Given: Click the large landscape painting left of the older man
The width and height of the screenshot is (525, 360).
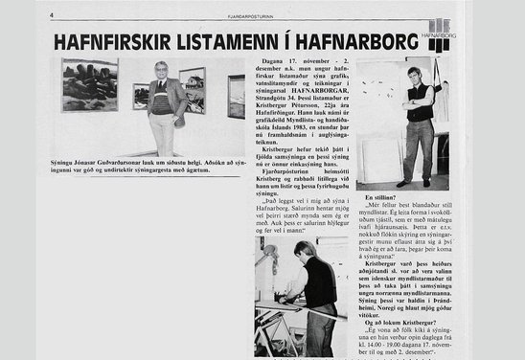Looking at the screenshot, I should (91, 84).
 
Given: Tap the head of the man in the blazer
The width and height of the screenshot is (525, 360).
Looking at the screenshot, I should (162, 70).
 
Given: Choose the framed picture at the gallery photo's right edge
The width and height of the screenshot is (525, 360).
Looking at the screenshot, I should (237, 97).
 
